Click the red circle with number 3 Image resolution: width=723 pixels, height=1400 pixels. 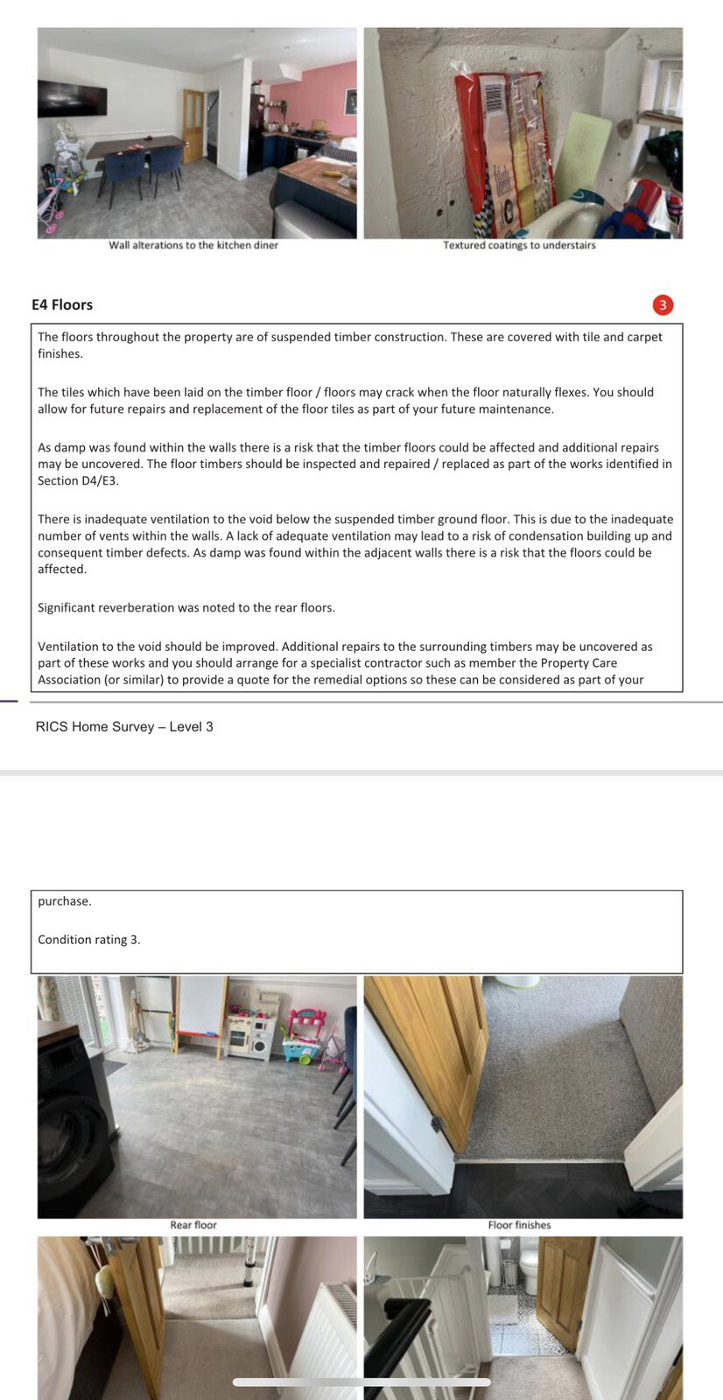pos(663,304)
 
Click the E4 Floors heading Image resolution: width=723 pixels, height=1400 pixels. pos(62,304)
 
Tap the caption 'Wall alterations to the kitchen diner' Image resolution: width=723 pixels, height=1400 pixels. pos(193,245)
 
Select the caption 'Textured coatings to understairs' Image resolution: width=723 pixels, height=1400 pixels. pos(519,245)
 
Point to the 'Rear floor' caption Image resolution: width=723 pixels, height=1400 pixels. pos(193,1225)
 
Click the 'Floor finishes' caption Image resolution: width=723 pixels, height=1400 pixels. pos(519,1225)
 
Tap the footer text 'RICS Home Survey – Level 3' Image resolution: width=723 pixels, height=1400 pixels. pos(124,726)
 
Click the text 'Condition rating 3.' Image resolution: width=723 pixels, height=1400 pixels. pos(88,940)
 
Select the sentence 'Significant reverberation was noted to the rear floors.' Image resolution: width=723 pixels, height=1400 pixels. pos(186,607)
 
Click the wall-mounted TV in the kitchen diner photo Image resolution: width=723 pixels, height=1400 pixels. pos(72,98)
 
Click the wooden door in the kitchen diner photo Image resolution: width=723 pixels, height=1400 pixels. pos(193,124)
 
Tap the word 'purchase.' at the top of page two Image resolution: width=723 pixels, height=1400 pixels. pos(64,901)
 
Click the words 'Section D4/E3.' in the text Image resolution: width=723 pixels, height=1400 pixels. pos(78,480)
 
